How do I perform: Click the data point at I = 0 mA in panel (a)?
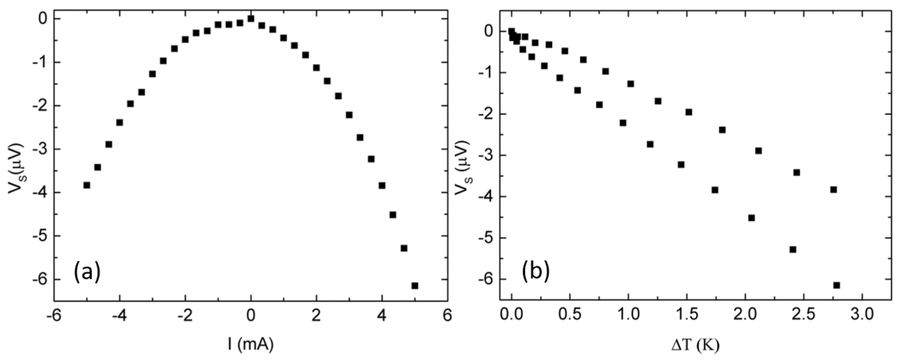click(251, 19)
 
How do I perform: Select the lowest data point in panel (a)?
click(415, 286)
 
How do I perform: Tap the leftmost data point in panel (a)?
click(87, 185)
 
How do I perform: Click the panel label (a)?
click(87, 272)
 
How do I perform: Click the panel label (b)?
click(536, 272)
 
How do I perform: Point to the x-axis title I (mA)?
click(251, 344)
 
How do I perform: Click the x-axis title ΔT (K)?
click(695, 346)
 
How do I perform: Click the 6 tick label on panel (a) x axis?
click(447, 316)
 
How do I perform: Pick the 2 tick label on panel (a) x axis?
click(316, 316)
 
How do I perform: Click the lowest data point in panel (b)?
click(837, 285)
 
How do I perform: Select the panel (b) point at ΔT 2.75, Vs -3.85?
click(833, 190)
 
